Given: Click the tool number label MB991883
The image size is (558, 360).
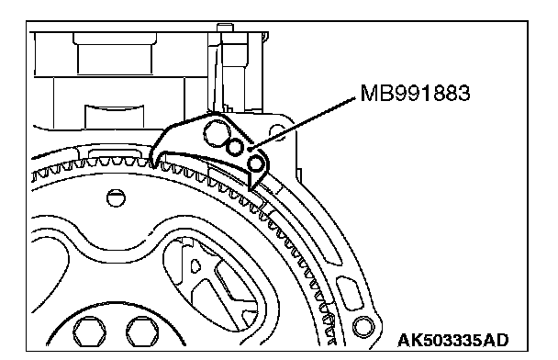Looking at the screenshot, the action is [415, 94].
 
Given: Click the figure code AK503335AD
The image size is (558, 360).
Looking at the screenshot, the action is [453, 340].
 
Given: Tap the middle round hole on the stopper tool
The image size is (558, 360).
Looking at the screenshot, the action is [235, 148].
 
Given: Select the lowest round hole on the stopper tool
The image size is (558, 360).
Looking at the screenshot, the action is [256, 163].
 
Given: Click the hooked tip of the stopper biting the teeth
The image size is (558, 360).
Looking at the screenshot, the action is [154, 162].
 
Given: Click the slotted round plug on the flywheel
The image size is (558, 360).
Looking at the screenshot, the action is [116, 197].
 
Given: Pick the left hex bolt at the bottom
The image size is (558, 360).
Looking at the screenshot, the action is [89, 332].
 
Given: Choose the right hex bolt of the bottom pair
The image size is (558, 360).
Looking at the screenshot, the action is [143, 332].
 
